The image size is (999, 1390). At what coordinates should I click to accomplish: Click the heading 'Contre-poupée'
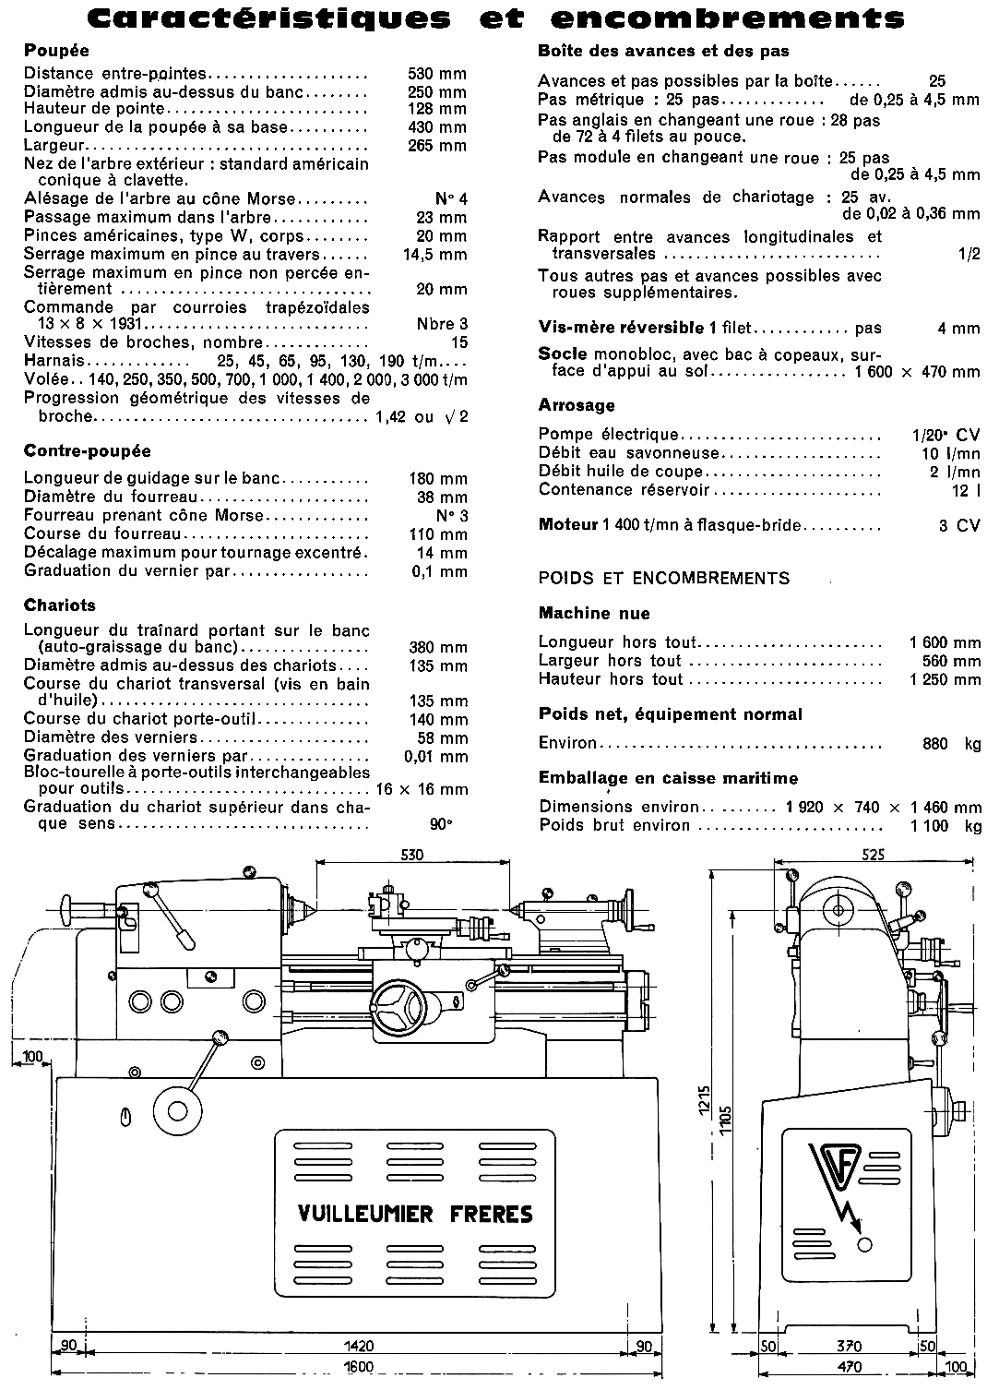pos(88,451)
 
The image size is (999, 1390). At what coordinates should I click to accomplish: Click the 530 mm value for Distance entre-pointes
pos(437,74)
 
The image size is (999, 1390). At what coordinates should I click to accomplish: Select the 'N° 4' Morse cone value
pos(451,199)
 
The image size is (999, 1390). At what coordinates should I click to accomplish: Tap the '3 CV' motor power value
pos(959,525)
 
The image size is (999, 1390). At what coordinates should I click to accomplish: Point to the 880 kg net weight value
pos(951,743)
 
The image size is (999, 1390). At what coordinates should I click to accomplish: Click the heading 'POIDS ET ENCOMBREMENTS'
pos(664,579)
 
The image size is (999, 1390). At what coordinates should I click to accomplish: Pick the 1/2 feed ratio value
pos(969,254)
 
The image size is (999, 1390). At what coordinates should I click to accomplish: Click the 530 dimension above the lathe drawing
pos(411,855)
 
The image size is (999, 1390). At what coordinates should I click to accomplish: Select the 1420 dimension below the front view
pos(359,1346)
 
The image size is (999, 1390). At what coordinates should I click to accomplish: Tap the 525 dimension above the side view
pos(874,855)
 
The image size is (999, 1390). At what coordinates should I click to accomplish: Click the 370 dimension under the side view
pos(849,1346)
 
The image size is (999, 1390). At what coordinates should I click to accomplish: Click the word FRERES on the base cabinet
pos(491,1213)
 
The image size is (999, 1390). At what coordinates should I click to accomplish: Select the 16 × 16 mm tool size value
pos(422,789)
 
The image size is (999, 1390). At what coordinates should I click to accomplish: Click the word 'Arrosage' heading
pos(577,406)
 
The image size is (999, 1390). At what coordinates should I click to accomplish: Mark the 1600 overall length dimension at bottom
pos(359,1366)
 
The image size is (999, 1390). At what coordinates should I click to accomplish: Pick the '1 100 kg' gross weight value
pos(945,825)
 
